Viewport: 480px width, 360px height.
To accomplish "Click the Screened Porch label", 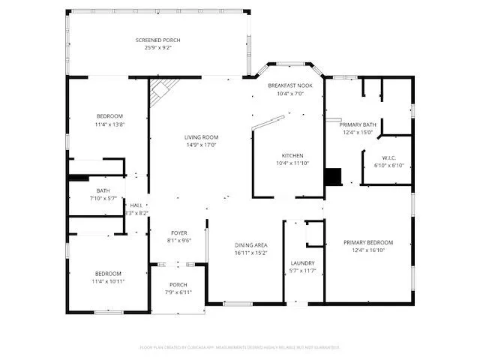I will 157,40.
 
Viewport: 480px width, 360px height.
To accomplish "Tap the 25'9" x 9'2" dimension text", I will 157,47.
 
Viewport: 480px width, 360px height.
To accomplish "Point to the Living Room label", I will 201,137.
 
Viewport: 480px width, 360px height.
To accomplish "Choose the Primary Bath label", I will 358,124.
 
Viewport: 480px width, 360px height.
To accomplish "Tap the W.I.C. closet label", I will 388,157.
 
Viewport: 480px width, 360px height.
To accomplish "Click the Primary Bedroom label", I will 368,242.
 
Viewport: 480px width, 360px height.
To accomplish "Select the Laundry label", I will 302,262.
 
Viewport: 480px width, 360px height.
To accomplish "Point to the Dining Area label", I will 250,245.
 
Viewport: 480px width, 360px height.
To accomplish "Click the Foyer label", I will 178,233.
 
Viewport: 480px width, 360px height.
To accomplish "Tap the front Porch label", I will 178,284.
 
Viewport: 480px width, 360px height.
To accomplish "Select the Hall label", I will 136,205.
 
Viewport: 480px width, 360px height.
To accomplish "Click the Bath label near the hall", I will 103,190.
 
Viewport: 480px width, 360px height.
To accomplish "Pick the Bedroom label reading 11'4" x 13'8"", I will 109,116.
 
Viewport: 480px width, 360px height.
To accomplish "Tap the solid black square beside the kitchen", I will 332,177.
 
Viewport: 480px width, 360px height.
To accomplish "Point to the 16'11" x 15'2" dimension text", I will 250,253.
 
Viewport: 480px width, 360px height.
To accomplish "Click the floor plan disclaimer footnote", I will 240,347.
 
